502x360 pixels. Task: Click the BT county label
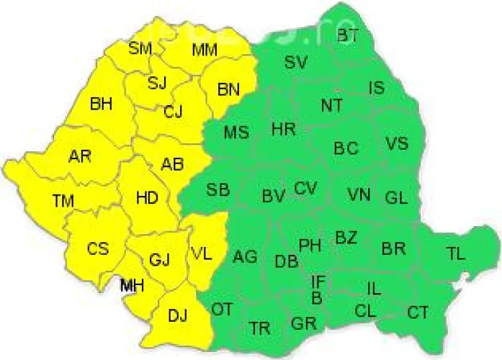[347, 36]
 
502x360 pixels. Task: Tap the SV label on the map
[295, 62]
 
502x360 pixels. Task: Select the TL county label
[456, 253]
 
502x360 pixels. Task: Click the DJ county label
[177, 314]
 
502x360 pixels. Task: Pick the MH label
[131, 286]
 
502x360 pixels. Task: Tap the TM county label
[64, 199]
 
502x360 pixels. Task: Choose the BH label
[101, 104]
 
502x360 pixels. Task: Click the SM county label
[141, 48]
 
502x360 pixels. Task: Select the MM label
[205, 50]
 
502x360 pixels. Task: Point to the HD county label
[147, 198]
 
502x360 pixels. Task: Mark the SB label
[218, 189]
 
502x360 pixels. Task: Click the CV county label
[305, 188]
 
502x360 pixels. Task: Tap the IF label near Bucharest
[319, 281]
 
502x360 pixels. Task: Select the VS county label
[396, 143]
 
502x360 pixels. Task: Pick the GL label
[396, 198]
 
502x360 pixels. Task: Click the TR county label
[260, 329]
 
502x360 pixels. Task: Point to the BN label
[229, 90]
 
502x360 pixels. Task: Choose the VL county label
[202, 254]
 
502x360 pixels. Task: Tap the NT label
[331, 105]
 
